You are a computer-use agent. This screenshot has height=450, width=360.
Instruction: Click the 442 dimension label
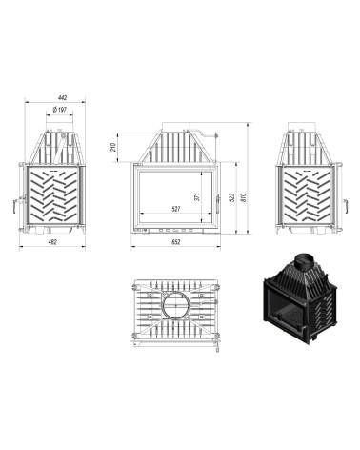(63, 97)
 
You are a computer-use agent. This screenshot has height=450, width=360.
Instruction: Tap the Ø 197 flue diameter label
(60, 111)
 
